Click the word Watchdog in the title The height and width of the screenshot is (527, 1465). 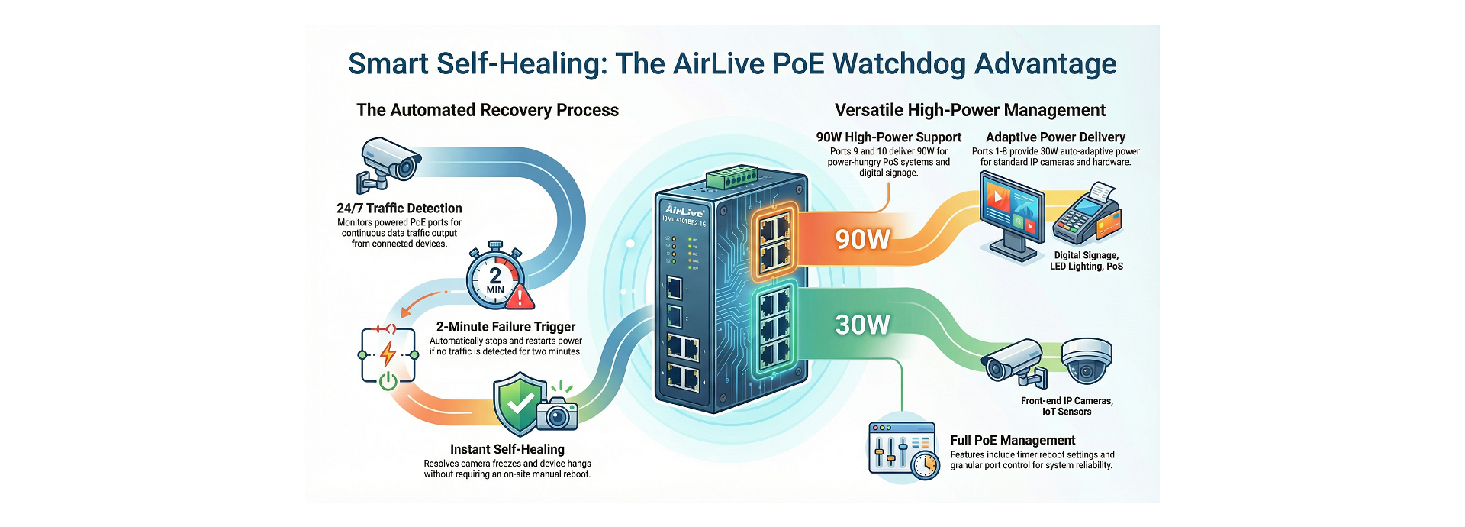pos(899,64)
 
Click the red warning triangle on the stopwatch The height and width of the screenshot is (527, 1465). pos(521,296)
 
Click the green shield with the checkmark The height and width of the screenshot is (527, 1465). pos(520,403)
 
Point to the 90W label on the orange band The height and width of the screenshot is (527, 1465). pos(862,239)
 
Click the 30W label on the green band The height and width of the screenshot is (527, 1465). pos(862,325)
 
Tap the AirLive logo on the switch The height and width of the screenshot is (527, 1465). pos(684,210)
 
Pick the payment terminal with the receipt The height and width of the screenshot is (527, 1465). pos(1087,215)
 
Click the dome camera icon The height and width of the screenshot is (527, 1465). pos(1087,360)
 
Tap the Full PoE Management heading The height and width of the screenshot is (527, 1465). pos(1013,440)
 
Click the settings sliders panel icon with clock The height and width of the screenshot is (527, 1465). pos(903,451)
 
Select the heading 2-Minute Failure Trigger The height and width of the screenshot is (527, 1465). pos(505,326)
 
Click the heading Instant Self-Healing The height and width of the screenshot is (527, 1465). pos(507,449)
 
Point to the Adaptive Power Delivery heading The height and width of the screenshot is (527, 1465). pos(1055,137)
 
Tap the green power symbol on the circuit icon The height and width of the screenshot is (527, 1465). pos(388,380)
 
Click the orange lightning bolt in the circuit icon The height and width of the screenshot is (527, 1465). pos(388,353)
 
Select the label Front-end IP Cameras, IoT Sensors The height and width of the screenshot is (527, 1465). pos(1067,406)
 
